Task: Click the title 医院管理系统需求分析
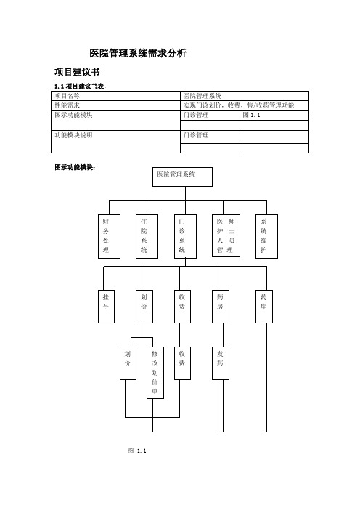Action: coord(138,53)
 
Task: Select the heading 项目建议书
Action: coord(77,72)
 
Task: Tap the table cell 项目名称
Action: coord(115,96)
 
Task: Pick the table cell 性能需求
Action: coord(115,106)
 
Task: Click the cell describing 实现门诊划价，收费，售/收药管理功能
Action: coord(245,106)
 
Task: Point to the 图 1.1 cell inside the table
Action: coord(274,116)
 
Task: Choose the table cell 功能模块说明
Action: coord(115,142)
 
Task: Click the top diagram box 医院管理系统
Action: coord(182,177)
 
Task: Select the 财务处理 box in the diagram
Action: coord(109,236)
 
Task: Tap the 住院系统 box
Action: coord(147,236)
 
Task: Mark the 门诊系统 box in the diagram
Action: coord(185,236)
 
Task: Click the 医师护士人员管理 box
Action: coord(226,236)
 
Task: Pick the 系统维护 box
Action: coord(266,236)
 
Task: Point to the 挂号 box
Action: coord(106,307)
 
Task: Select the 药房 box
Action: coord(221,307)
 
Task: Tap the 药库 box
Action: coord(263,307)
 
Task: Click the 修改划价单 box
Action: coord(155,373)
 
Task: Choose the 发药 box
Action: coord(221,363)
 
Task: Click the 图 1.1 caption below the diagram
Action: coord(136,450)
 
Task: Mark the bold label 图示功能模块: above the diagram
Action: coord(75,168)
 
